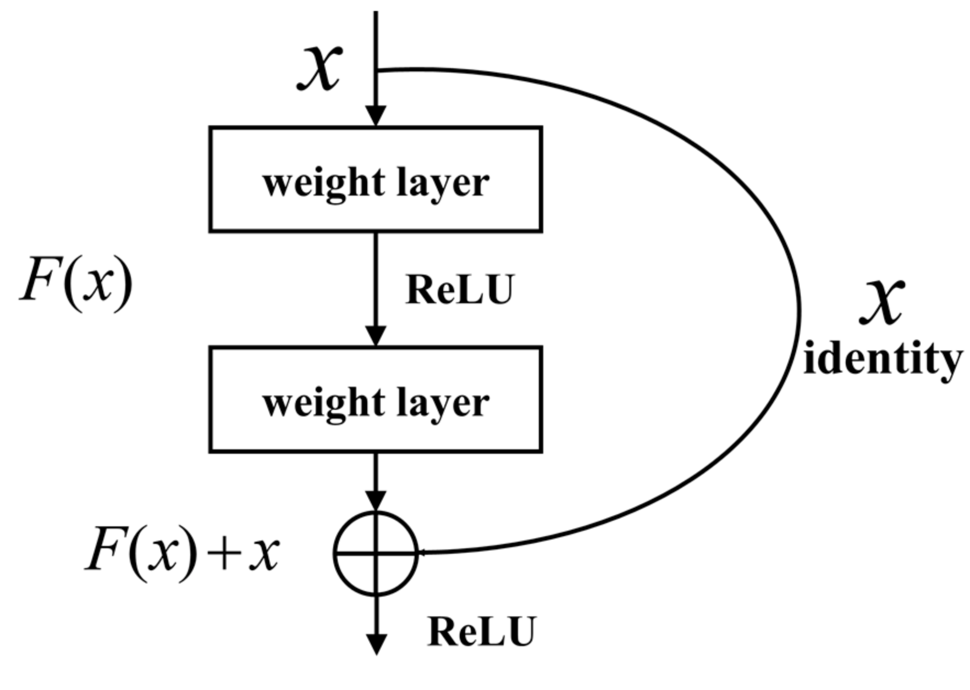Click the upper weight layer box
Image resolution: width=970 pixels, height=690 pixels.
[x=376, y=180]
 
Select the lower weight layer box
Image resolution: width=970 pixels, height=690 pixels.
[x=376, y=399]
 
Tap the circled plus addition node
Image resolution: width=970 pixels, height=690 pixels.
[x=376, y=553]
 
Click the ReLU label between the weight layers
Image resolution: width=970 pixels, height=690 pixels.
[x=459, y=290]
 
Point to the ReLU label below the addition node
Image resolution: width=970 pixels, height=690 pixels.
[x=481, y=632]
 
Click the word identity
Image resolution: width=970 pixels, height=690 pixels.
[x=883, y=360]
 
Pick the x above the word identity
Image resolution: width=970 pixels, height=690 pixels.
[x=882, y=301]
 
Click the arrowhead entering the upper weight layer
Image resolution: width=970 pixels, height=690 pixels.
[x=376, y=116]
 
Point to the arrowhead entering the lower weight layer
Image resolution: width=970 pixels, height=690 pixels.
[x=376, y=336]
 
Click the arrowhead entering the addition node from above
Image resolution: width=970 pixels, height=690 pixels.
[x=376, y=500]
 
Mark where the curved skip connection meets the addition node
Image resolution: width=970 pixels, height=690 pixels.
[x=418, y=553]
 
